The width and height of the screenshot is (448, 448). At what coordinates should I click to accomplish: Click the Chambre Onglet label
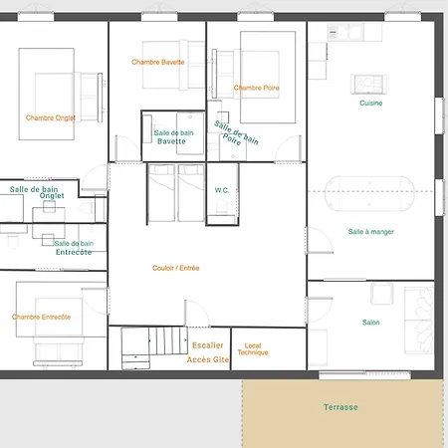point(51,117)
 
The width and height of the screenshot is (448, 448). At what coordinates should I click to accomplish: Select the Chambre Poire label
point(257,88)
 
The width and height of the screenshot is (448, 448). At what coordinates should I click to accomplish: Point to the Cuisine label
point(371,104)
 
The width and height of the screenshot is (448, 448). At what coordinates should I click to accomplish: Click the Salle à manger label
point(371,232)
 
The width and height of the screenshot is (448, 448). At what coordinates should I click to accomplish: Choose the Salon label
point(370,323)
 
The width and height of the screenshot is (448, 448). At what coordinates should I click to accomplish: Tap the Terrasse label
point(340,407)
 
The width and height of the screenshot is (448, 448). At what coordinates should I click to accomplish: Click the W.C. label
point(223,189)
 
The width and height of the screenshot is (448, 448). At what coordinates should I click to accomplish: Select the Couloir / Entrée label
point(176,268)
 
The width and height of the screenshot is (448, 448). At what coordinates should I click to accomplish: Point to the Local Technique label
point(253,349)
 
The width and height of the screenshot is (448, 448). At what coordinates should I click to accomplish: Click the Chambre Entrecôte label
point(42,317)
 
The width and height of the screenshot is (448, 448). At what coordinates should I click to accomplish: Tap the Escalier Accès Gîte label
point(208,352)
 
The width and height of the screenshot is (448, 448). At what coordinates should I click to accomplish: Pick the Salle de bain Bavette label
point(173,137)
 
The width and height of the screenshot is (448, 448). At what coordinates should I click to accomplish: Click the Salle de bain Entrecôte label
point(74,248)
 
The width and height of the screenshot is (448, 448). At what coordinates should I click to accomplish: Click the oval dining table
point(371,193)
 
